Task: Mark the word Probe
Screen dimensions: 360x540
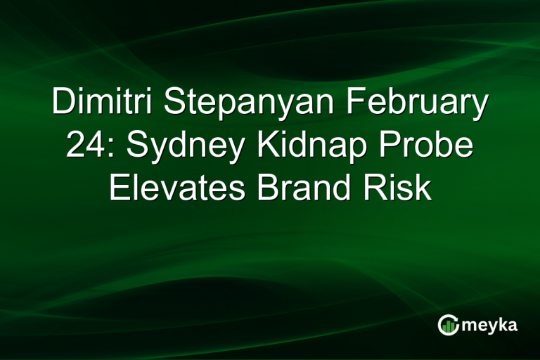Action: click(429, 146)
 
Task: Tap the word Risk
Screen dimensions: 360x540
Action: click(406, 188)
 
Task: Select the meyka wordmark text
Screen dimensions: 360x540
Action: click(490, 325)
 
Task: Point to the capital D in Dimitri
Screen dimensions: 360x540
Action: click(63, 103)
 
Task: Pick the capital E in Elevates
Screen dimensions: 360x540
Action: click(119, 188)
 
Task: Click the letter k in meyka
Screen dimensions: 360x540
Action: click(503, 323)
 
